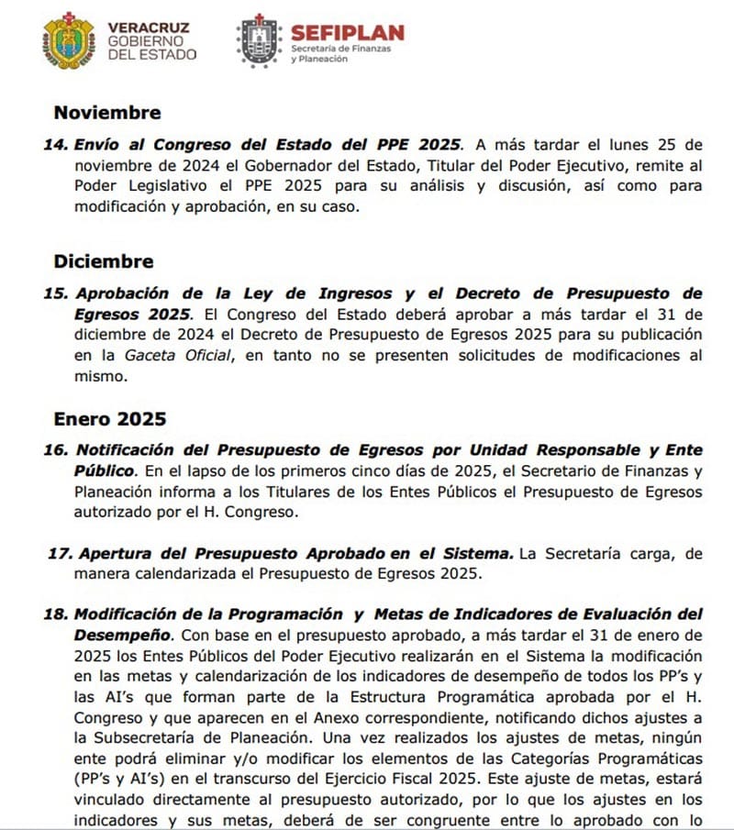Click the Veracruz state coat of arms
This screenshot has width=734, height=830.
[69, 41]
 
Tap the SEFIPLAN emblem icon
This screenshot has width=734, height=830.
[259, 41]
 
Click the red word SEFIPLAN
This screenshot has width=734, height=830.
[347, 33]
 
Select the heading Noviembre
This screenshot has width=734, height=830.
[107, 113]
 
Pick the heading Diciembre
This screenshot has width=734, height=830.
[104, 261]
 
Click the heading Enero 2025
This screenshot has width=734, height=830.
[110, 420]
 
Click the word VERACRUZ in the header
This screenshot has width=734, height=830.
[149, 28]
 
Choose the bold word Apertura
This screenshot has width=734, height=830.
[115, 554]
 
